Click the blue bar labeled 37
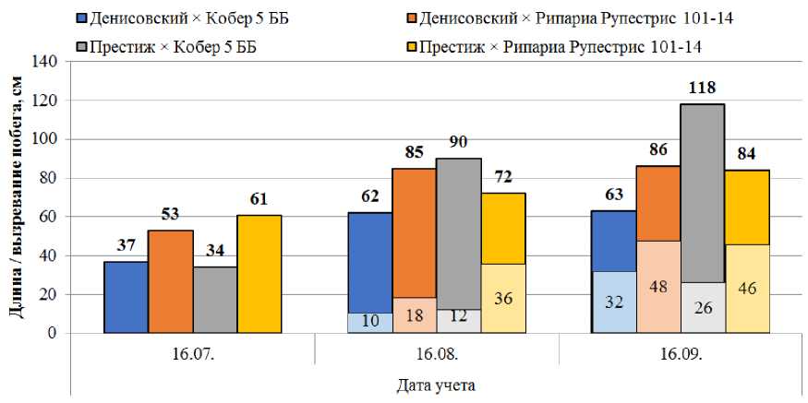point(127,297)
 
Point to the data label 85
point(415,152)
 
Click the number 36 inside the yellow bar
point(503,299)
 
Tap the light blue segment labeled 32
point(614,302)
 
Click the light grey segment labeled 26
point(703,307)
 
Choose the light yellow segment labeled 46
point(747,289)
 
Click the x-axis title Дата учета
point(437,383)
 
